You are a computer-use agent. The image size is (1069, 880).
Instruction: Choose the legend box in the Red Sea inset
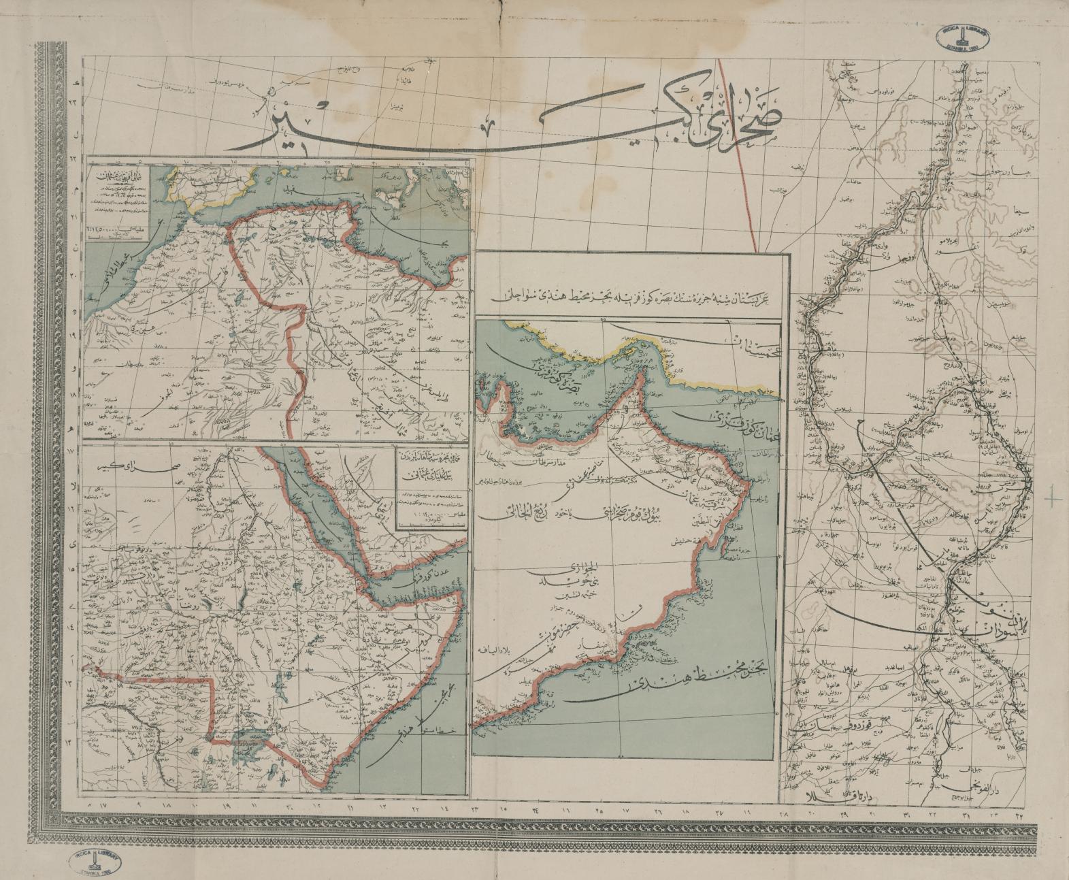pyautogui.click(x=431, y=487)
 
